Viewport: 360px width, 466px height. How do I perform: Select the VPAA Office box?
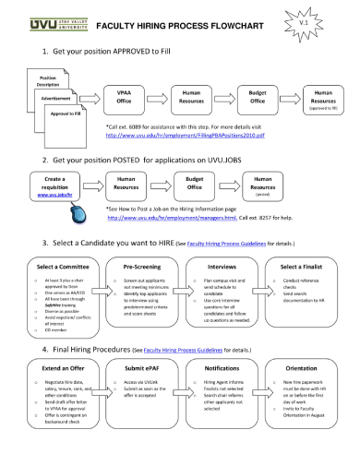(123, 97)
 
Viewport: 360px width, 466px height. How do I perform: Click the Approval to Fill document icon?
(65, 114)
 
